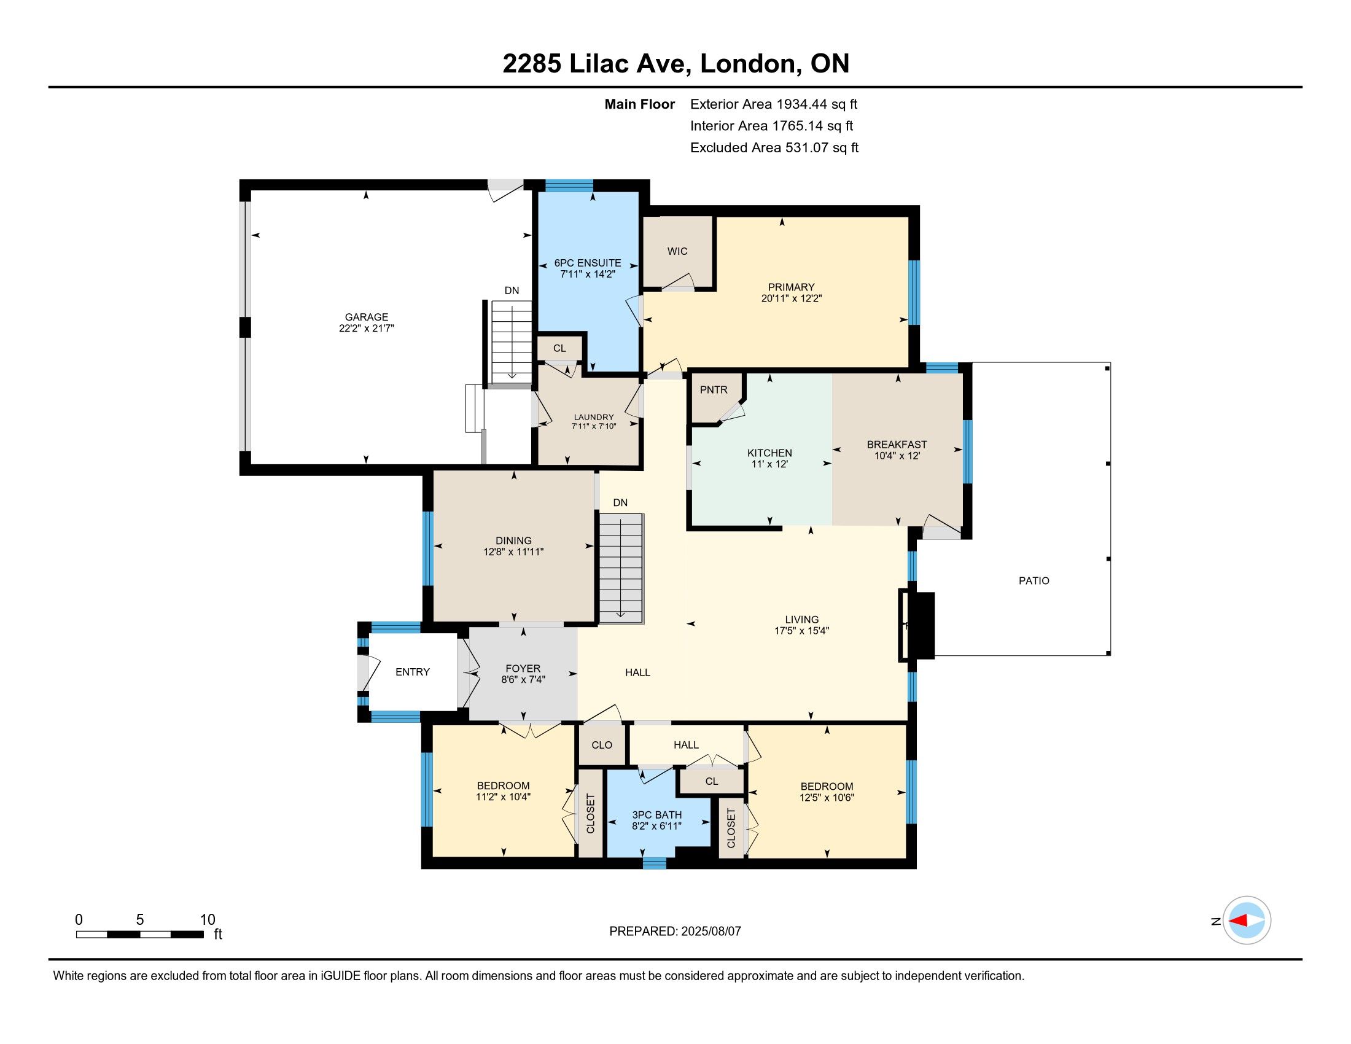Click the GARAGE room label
tap(366, 317)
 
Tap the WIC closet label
tap(677, 251)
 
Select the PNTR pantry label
tap(713, 390)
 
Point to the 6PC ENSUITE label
tap(588, 263)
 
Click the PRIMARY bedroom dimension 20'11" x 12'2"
tap(791, 298)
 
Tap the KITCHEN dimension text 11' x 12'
tap(769, 464)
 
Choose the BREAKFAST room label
tap(897, 445)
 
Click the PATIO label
tap(1034, 581)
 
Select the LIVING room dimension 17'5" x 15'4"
tap(801, 631)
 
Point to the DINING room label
tap(513, 540)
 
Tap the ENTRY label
tap(413, 672)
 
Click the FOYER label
tap(523, 669)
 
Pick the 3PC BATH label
tap(657, 815)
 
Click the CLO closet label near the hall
tap(602, 746)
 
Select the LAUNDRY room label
tap(594, 418)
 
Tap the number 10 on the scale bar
tap(208, 920)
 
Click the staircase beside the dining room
tap(620, 569)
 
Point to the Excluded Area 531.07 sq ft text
tap(774, 148)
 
